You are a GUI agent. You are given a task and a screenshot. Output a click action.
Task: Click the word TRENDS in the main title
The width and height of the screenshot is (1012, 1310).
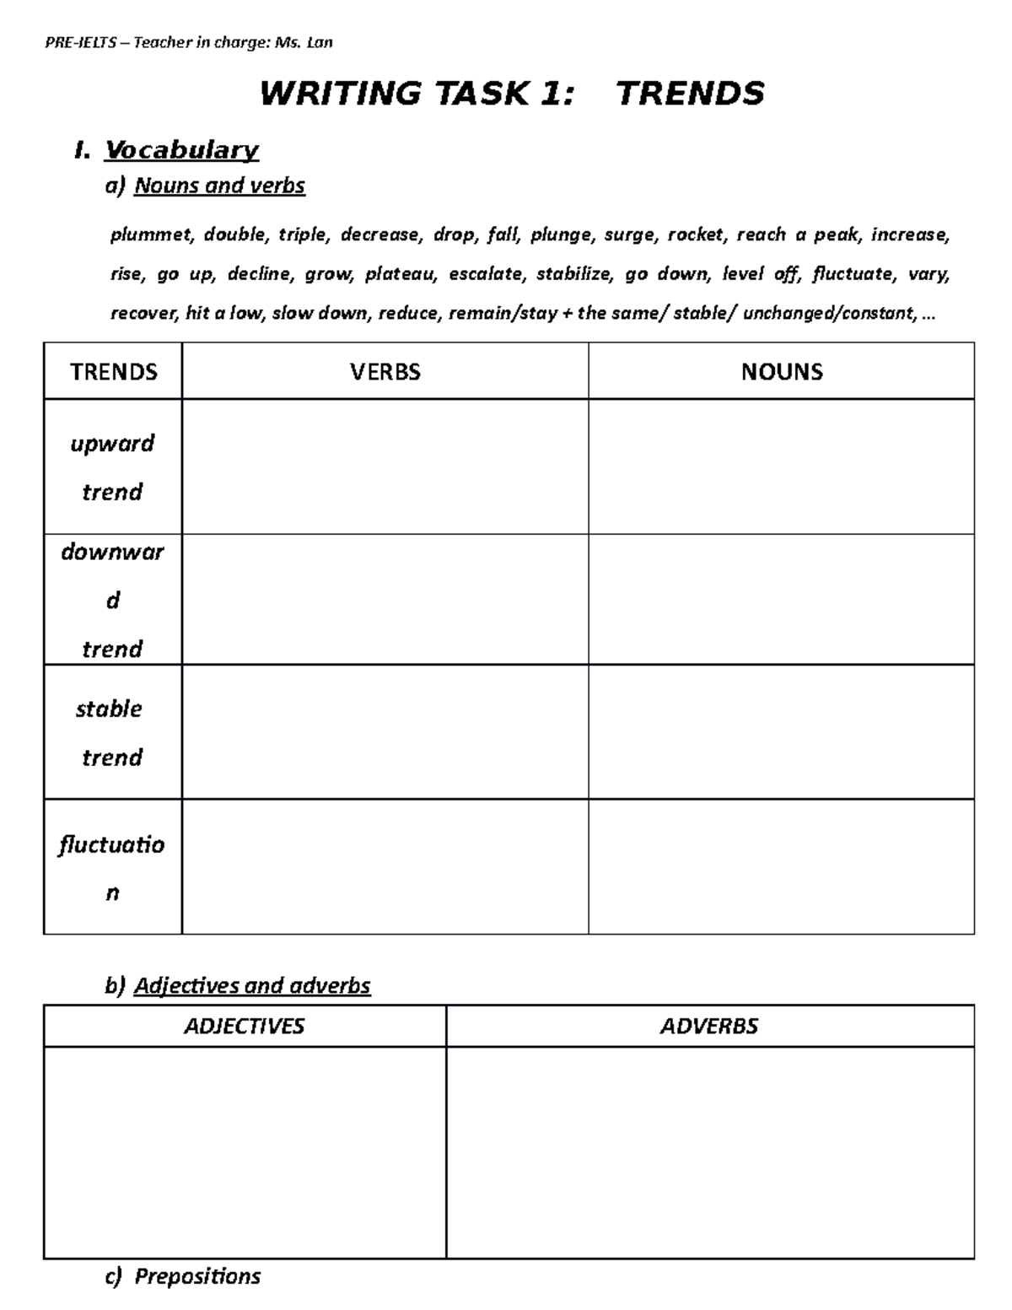click(x=690, y=93)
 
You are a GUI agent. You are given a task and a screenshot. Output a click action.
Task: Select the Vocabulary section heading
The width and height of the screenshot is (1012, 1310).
click(x=180, y=150)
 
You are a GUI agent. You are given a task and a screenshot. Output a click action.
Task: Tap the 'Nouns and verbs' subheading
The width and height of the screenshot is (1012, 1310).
click(x=219, y=186)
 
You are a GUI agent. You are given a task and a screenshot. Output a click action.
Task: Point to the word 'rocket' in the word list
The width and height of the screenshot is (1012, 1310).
click(x=697, y=235)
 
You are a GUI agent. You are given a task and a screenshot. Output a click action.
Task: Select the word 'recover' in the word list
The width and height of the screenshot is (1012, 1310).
click(x=143, y=314)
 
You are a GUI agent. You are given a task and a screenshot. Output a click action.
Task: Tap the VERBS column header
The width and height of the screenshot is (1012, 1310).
click(x=385, y=372)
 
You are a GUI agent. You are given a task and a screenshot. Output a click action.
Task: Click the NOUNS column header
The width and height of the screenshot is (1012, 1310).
click(x=781, y=372)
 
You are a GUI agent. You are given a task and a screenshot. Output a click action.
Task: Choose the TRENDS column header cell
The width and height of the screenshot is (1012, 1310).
click(x=113, y=372)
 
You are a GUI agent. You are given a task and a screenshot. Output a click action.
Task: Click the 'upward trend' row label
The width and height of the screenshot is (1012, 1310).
click(x=112, y=467)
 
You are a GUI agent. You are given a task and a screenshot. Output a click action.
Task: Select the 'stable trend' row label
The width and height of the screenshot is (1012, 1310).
click(x=110, y=732)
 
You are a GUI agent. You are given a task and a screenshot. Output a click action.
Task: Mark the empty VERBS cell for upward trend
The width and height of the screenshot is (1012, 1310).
click(x=385, y=466)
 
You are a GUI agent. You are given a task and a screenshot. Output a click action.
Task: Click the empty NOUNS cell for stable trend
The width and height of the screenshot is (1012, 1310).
click(x=781, y=732)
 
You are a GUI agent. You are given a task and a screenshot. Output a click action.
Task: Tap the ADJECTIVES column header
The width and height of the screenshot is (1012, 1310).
click(x=244, y=1026)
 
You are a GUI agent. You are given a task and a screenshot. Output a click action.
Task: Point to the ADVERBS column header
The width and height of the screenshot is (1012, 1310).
click(x=708, y=1026)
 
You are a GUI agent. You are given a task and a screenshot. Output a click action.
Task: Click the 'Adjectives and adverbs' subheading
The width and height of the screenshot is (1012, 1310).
click(x=252, y=985)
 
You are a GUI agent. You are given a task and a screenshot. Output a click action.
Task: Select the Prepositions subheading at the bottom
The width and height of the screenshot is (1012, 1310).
click(x=197, y=1276)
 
